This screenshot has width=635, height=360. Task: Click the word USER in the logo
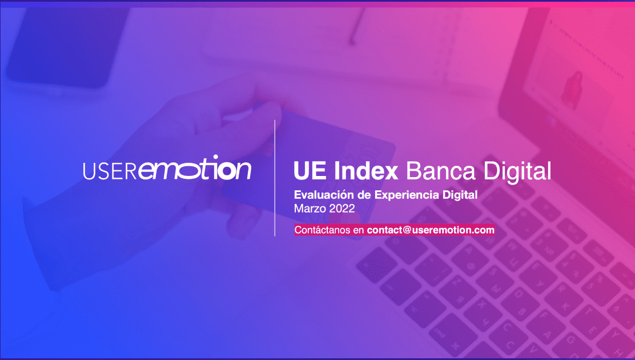(110, 171)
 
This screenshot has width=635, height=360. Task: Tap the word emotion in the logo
(195, 167)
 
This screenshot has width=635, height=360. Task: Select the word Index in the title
(366, 171)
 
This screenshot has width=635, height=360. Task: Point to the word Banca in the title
(441, 171)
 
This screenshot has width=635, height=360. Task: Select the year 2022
(342, 209)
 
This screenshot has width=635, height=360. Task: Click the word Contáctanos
(323, 230)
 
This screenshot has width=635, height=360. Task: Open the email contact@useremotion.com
(431, 230)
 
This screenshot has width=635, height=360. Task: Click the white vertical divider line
(275, 178)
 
